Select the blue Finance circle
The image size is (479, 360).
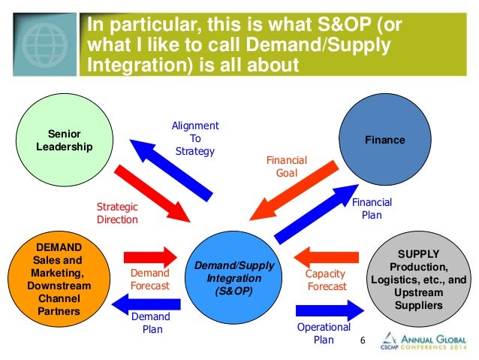384,140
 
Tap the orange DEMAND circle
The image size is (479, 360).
59,277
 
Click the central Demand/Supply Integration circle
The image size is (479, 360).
233,277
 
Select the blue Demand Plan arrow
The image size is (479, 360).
148,303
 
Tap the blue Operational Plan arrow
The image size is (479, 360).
327,309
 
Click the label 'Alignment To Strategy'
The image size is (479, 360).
194,138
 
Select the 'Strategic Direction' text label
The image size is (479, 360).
117,213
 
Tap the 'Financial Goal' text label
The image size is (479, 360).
281,166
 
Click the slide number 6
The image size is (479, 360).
363,342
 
